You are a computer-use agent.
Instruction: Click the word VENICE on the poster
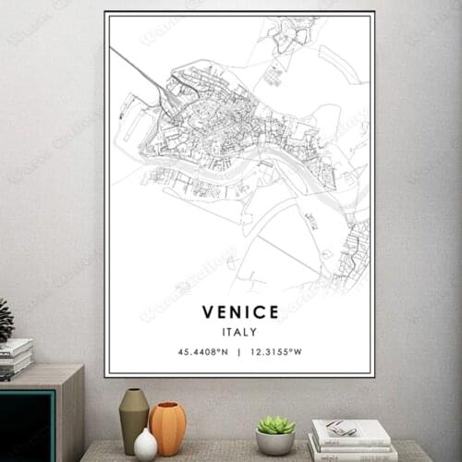click(239, 311)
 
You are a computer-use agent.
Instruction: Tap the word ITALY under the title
click(239, 332)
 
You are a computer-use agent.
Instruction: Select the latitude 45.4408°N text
click(204, 352)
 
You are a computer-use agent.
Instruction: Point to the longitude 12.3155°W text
click(276, 352)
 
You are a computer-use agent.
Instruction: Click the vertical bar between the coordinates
click(239, 352)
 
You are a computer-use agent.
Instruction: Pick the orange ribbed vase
click(167, 427)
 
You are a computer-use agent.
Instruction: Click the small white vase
click(145, 444)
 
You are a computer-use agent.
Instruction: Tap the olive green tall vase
click(133, 418)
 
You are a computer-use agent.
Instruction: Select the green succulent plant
click(275, 424)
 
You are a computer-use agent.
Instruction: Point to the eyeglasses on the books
click(340, 428)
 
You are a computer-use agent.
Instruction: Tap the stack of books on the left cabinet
click(15, 359)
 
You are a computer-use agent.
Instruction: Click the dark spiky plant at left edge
click(6, 322)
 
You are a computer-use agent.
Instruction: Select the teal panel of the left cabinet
click(26, 424)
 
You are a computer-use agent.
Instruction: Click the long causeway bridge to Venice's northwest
click(139, 70)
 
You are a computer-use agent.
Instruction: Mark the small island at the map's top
click(288, 35)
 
